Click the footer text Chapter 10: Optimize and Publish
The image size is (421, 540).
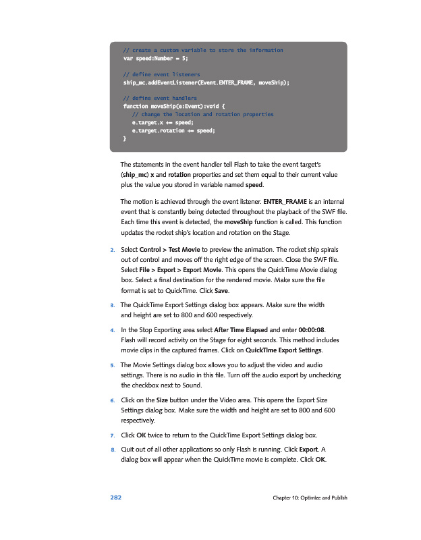(x=310, y=498)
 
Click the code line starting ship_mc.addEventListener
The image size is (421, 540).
(x=206, y=82)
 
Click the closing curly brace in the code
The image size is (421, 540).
(x=124, y=138)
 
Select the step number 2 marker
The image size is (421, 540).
(x=112, y=250)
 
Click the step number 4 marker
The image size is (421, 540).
(x=112, y=331)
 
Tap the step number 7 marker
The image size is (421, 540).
(x=112, y=433)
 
